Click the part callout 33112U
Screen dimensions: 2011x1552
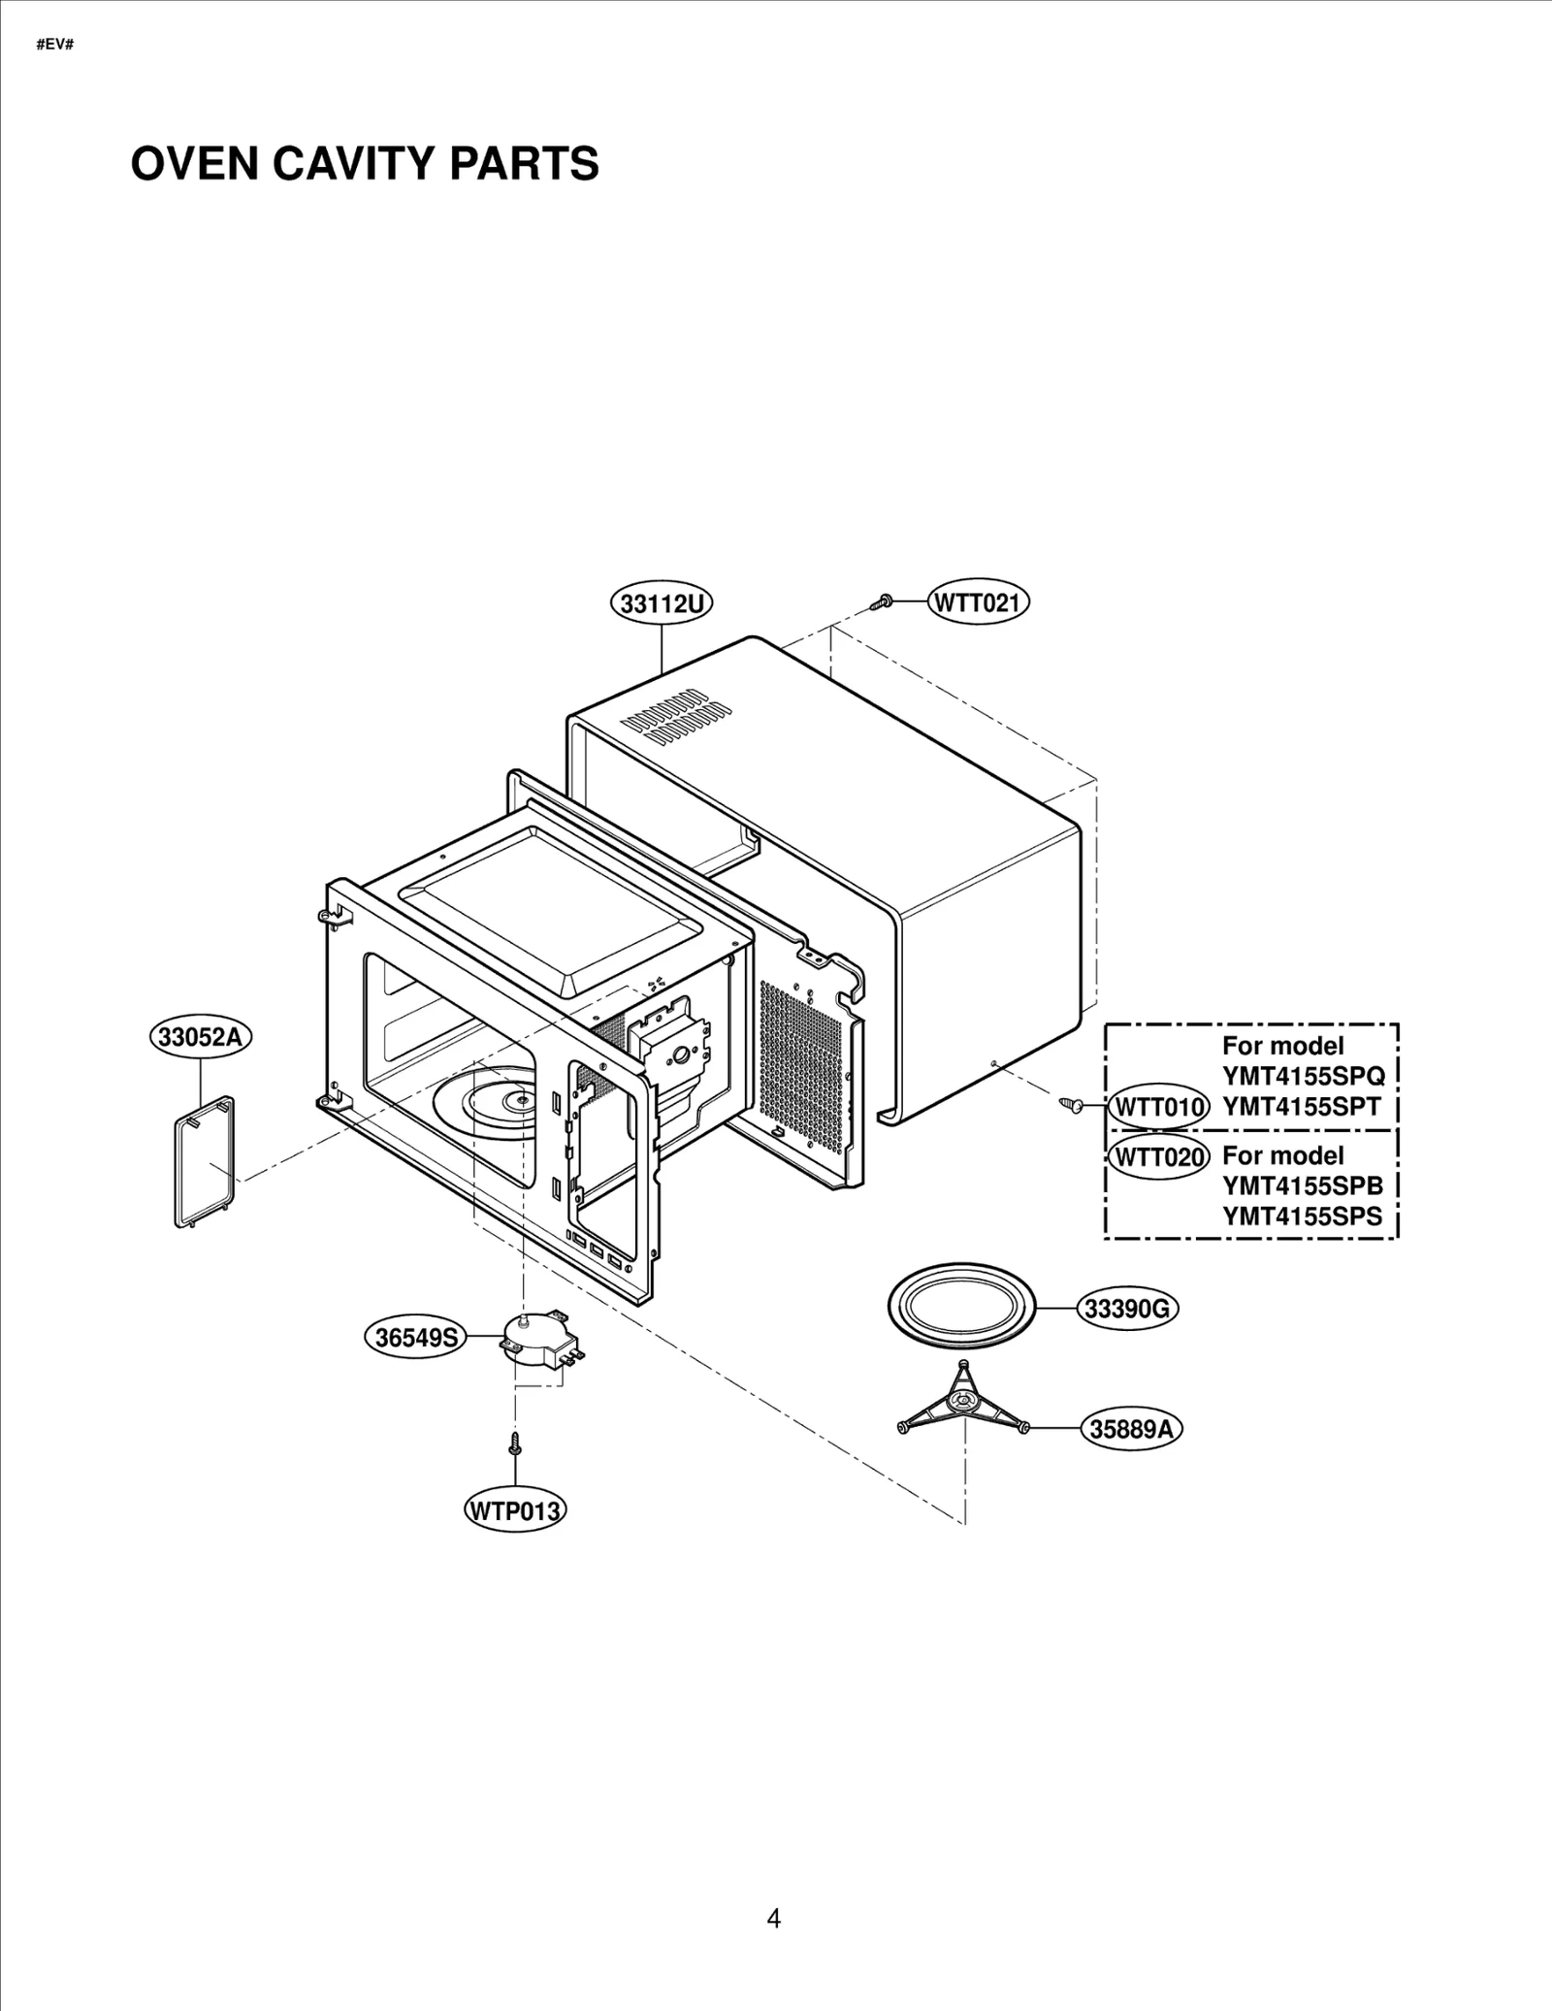coord(662,603)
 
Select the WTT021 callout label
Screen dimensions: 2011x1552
coord(978,602)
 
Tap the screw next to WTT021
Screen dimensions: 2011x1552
coord(883,602)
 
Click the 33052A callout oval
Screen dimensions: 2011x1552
coord(200,1036)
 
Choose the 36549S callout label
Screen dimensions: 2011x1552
coord(415,1338)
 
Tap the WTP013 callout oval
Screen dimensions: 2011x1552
coord(515,1510)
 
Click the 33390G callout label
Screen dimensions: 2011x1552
coord(1127,1309)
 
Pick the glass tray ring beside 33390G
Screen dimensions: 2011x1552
coord(961,1309)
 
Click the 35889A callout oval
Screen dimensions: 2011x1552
coord(1131,1429)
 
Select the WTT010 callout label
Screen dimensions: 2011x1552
coord(1159,1107)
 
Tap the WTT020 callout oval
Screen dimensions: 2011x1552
coord(1159,1156)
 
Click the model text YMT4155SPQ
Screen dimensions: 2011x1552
coord(1303,1076)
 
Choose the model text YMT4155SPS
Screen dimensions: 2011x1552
coord(1303,1216)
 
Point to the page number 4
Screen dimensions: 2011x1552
coord(773,1918)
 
